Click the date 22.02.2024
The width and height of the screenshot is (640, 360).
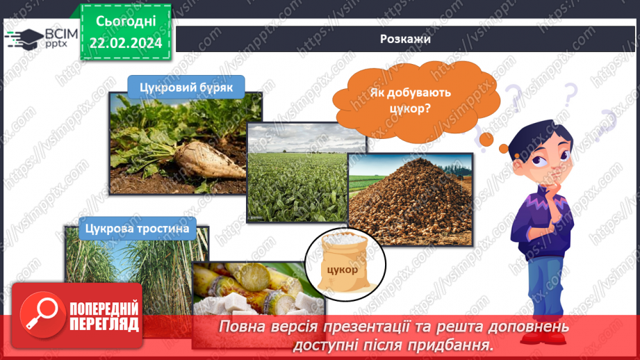125,43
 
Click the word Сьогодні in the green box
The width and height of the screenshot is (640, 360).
125,22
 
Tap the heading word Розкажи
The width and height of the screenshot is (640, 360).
405,39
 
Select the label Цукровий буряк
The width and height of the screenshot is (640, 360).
186,88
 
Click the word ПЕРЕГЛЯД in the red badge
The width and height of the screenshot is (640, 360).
104,325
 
